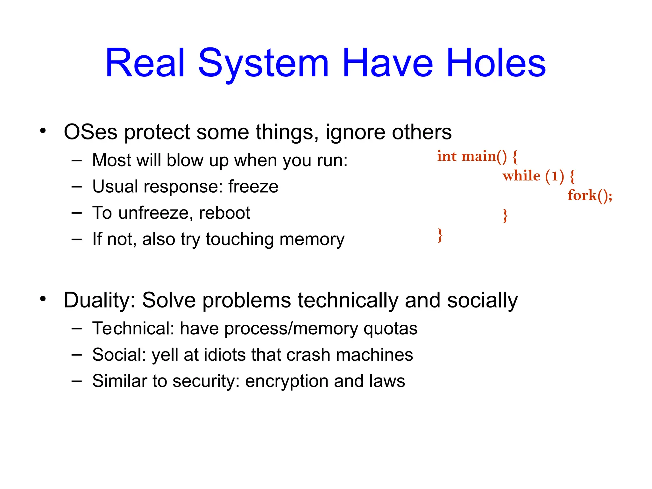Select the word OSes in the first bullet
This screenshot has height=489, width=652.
[x=90, y=132]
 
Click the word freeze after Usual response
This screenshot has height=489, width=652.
[x=253, y=187]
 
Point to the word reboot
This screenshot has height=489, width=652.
[x=224, y=213]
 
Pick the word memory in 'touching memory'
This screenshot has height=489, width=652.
[x=312, y=239]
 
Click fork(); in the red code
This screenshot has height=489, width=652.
[x=590, y=195]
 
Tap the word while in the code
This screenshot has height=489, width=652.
[x=521, y=176]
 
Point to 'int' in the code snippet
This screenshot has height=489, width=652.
[x=447, y=156]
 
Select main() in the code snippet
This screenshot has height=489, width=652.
[x=484, y=156]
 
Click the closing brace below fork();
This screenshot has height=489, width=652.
[x=505, y=216]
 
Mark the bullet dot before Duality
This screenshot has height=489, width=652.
[x=43, y=299]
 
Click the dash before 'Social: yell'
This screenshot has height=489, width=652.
[x=77, y=354]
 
